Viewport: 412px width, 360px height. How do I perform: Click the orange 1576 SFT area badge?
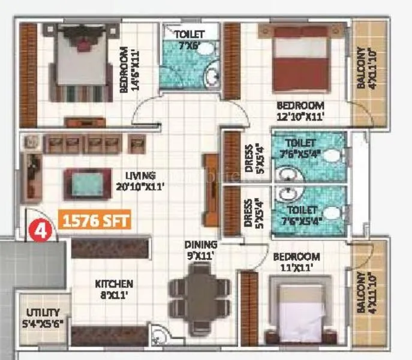[94, 221]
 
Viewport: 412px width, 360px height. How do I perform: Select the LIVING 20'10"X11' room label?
[141, 181]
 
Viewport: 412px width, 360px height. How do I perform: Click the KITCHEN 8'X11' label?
[113, 289]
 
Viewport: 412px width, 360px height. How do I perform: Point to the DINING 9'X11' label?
[201, 250]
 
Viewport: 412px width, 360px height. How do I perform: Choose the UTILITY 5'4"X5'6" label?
[43, 317]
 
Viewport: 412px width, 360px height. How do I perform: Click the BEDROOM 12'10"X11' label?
[300, 110]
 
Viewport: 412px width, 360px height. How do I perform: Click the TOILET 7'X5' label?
[190, 38]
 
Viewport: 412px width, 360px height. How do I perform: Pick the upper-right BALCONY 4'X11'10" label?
[365, 68]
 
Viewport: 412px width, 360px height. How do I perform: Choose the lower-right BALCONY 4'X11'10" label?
[365, 292]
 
